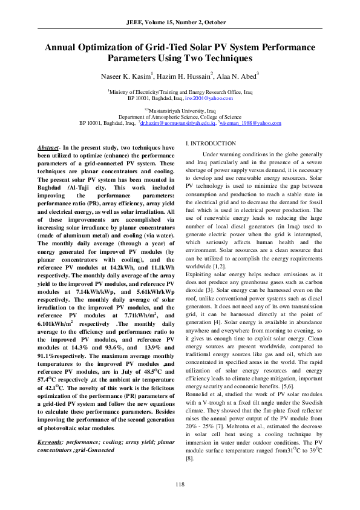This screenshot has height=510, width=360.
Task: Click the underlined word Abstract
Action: pos(48,148)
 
